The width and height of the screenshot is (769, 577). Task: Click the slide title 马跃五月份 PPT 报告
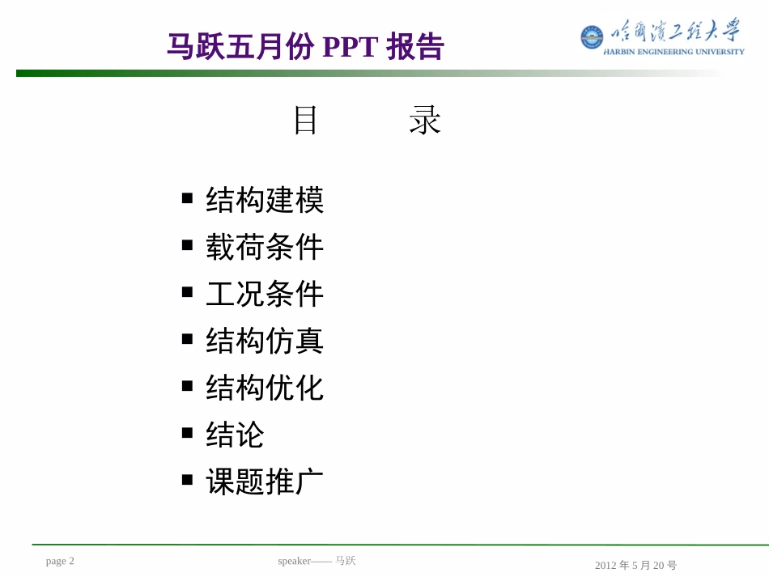[x=305, y=47]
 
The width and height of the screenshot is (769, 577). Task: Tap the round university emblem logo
[x=592, y=36]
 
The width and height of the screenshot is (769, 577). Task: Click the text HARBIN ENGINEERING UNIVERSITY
[x=674, y=52]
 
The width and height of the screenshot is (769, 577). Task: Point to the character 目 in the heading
[x=306, y=121]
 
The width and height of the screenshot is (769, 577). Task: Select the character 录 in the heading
[x=424, y=121]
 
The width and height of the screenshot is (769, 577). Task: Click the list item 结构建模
[x=265, y=200]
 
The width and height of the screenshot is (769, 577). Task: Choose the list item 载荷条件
[x=265, y=247]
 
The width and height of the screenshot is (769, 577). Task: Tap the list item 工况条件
[x=265, y=294]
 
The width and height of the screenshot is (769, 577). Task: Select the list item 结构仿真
[x=265, y=341]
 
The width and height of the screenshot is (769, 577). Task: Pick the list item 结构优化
[x=265, y=388]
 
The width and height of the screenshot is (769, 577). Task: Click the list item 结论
[x=235, y=435]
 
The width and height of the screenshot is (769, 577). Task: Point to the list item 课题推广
[x=265, y=482]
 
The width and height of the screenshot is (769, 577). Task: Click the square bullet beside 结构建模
[x=188, y=197]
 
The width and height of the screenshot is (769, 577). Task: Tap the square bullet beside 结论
[x=188, y=432]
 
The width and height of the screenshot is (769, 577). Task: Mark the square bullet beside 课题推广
[x=188, y=479]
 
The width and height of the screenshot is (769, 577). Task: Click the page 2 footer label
[x=60, y=561]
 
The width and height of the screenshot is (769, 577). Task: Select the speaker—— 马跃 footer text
[x=317, y=561]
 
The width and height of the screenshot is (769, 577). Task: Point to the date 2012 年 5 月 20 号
[x=635, y=566]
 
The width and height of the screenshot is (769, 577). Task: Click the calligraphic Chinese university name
[x=676, y=32]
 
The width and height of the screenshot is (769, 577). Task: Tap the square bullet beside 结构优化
[x=188, y=385]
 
